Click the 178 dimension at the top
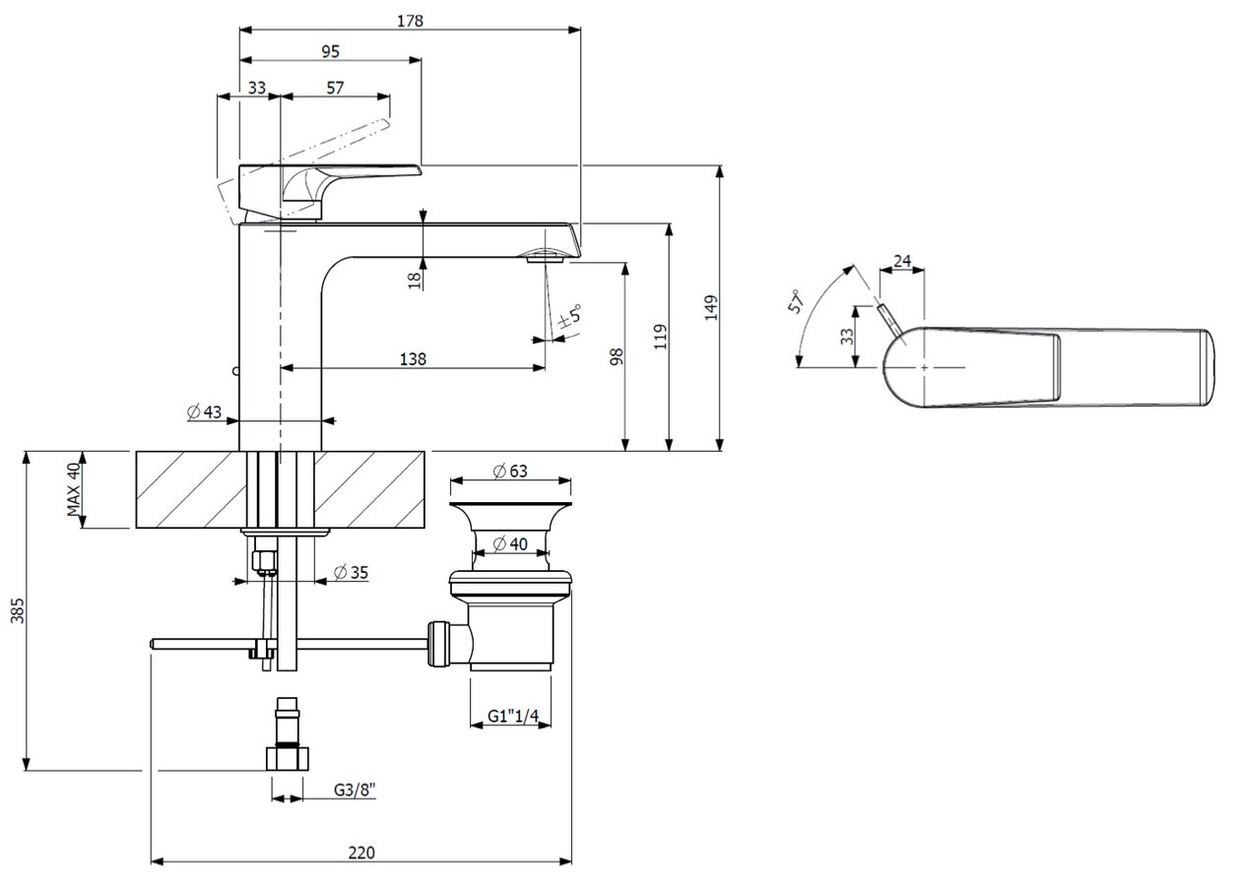(x=411, y=20)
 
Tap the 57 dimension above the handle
(x=335, y=88)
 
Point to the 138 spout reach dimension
(x=414, y=359)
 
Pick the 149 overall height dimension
(x=712, y=307)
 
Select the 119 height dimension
(x=661, y=337)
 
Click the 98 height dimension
(x=617, y=356)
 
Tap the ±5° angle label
(x=569, y=317)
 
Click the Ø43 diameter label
(x=205, y=412)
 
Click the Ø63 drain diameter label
(x=510, y=472)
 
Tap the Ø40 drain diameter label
(x=510, y=543)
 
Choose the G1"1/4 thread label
(x=514, y=717)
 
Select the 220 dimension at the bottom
(x=361, y=853)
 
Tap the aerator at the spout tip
(x=544, y=258)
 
